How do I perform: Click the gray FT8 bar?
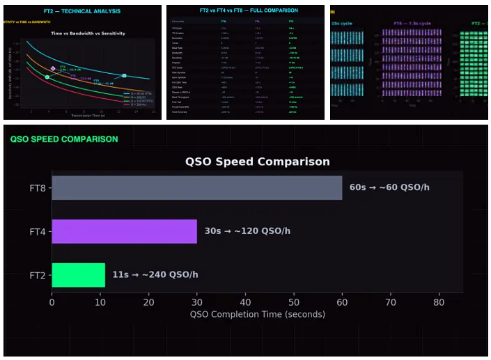tap(196, 187)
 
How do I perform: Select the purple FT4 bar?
tap(124, 231)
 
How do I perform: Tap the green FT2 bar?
tap(78, 274)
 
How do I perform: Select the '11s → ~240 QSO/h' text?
tap(155, 274)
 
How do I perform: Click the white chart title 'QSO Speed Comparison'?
tap(257, 162)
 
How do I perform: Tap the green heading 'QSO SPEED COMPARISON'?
tap(64, 139)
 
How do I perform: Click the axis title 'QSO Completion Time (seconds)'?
tap(257, 314)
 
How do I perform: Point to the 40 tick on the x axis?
tap(245, 302)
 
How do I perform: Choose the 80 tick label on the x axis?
tap(439, 302)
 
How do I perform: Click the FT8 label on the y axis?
tap(38, 188)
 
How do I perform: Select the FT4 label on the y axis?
tap(38, 231)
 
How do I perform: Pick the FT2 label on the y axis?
tap(38, 275)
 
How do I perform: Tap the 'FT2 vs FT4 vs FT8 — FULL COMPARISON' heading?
tap(244, 11)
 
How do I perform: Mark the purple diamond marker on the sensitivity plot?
tap(53, 68)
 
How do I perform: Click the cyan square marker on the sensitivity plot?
tap(124, 75)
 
